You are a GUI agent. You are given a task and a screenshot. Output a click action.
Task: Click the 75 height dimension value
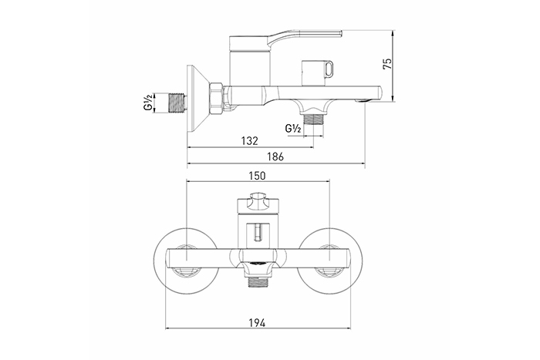pos(387,64)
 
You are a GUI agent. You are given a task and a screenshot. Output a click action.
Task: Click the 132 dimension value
pos(249,141)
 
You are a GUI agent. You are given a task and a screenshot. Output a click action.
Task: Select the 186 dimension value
pos(275,156)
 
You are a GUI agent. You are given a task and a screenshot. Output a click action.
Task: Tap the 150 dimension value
pos(257,176)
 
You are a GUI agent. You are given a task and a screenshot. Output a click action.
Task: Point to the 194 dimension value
pos(257,323)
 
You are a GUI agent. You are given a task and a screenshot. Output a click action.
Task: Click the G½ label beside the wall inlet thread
pos(148,103)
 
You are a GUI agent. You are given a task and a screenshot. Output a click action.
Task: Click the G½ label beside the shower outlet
pos(293,129)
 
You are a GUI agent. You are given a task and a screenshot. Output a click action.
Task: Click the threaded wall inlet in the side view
pos(177,103)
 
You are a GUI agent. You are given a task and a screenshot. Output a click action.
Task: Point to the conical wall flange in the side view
pos(197,99)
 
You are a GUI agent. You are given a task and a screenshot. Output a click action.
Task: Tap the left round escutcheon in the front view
pos(187,261)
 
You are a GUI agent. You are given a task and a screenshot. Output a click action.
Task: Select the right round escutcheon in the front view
pos(330,261)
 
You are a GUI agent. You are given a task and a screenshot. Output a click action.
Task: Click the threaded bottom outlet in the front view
pos(258,281)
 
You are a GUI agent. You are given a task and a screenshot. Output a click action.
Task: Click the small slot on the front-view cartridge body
pos(258,232)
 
